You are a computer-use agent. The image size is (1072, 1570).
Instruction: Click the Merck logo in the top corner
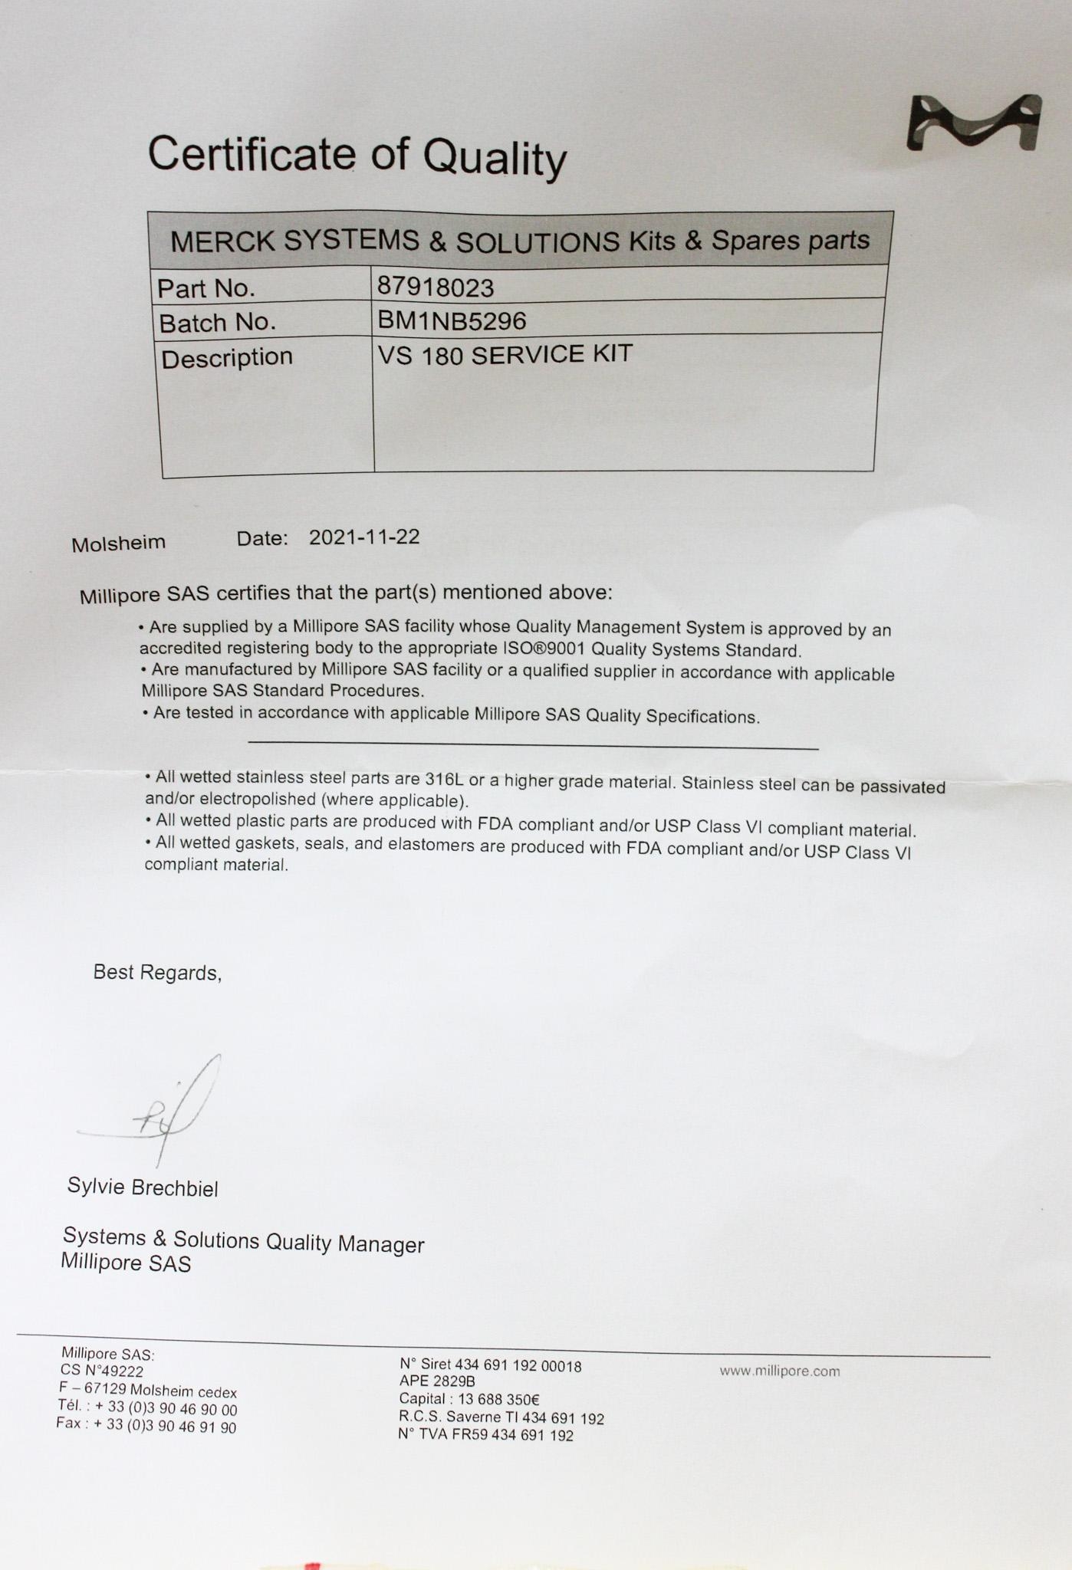pos(973,123)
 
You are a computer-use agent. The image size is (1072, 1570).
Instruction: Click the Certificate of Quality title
pos(357,156)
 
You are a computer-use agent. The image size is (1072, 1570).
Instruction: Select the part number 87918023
pos(435,287)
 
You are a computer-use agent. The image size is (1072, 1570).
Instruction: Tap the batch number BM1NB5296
pos(451,320)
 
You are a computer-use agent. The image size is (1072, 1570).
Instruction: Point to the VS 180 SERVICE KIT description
pos(505,354)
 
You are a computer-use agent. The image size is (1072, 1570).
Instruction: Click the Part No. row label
pos(206,288)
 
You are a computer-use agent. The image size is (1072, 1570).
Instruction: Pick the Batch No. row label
pos(217,323)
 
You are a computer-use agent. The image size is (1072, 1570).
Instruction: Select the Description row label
pos(226,358)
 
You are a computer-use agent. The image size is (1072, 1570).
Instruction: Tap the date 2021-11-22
pos(363,537)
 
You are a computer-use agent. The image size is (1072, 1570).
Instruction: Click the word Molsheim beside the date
pos(118,543)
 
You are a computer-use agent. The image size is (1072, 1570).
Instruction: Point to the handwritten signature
pos(165,1112)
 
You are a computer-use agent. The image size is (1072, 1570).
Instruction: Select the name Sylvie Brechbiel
pos(143,1187)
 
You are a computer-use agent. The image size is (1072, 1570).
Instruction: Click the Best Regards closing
pos(157,973)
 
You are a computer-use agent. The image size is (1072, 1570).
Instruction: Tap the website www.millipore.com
pos(779,1371)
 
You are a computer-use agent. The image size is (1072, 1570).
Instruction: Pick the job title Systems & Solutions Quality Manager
pos(243,1240)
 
